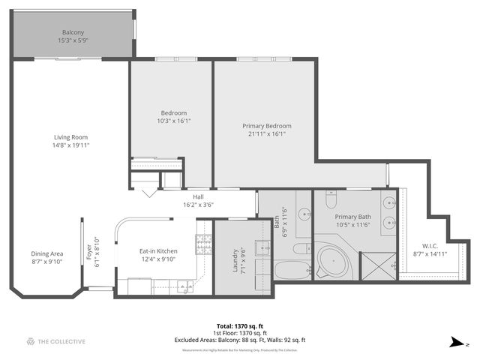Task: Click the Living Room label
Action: point(70,137)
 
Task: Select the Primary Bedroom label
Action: point(266,126)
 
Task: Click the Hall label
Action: point(199,196)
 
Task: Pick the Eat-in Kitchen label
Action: point(158,251)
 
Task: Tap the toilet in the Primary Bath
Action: point(331,200)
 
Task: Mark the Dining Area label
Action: point(46,253)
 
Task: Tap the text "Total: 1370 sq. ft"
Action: point(241,326)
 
